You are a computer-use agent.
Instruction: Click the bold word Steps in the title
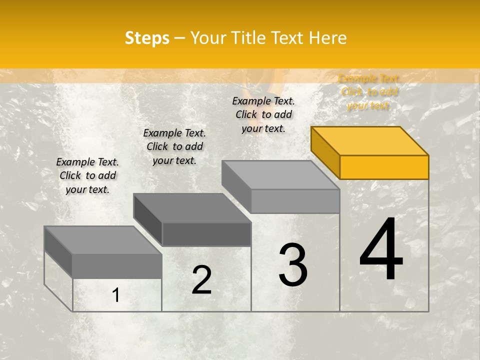coord(147,38)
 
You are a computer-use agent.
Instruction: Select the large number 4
coord(381,249)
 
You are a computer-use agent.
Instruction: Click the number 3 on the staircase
coord(293,265)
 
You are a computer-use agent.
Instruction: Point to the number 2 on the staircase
coord(201,280)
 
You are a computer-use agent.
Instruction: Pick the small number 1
coord(115,295)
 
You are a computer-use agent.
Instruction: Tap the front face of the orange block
coord(384,167)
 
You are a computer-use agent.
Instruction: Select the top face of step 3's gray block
coord(280,175)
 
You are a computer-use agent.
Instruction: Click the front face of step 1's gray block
coord(117,266)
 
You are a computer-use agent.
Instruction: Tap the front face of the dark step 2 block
coord(206,234)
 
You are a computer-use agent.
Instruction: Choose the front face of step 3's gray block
coord(295,201)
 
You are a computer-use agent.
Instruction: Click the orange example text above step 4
coord(369,92)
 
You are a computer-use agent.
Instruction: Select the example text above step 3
coord(263,114)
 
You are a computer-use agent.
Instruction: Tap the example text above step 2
coord(174,146)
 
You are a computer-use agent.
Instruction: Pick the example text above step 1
coord(87,175)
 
